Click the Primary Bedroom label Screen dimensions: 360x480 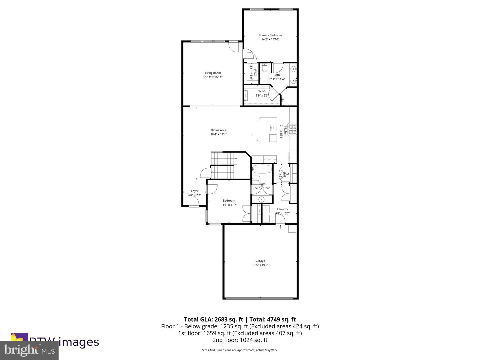click(270, 35)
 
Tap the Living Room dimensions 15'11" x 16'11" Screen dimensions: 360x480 click(213, 77)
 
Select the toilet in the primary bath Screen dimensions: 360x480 click(265, 69)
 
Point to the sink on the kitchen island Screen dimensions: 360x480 click(273, 127)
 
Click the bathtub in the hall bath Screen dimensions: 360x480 click(262, 169)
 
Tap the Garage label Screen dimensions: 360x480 click(260, 261)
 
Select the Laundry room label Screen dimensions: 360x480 click(282, 209)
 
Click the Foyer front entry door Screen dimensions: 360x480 click(193, 201)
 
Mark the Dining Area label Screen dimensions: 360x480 click(218, 130)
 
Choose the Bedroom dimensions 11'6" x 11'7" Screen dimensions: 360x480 click(229, 205)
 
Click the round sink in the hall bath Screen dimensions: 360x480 click(262, 199)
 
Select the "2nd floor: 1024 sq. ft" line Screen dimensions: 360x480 click(240, 340)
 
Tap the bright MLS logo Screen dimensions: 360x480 click(29, 350)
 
